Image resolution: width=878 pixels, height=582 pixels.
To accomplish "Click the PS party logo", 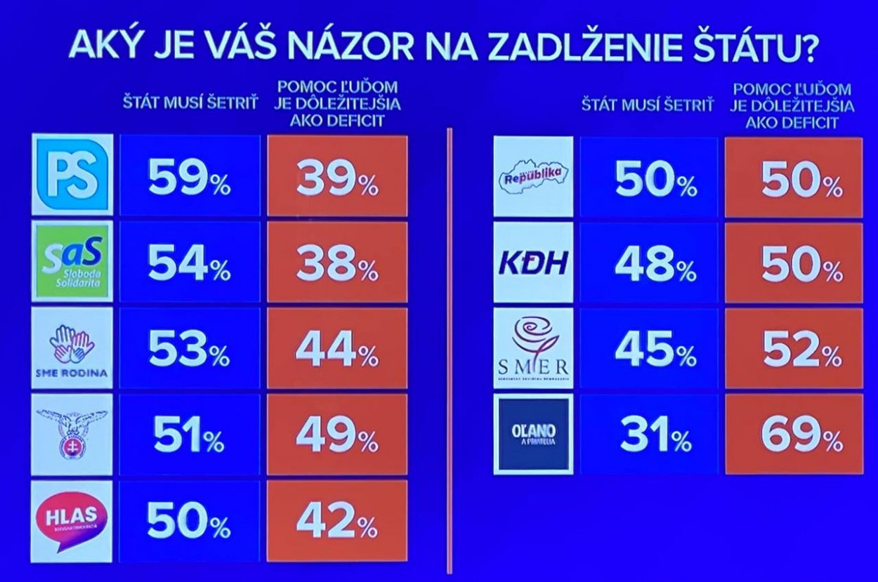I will coord(72,174).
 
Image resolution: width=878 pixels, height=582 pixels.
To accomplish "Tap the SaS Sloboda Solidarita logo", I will coord(72,262).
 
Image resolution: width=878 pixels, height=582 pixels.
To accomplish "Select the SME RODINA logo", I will coord(72,349).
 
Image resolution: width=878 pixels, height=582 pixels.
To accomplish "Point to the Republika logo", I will coord(534,177).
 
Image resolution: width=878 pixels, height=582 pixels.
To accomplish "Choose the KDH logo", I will coord(534,263).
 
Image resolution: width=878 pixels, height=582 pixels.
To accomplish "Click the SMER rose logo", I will coord(534,349).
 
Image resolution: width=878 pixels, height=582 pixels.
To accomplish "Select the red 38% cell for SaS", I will coord(337,263).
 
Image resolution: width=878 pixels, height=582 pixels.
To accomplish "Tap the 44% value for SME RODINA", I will coord(337,349).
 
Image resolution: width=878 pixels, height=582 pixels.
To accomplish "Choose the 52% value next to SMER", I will coord(794,349).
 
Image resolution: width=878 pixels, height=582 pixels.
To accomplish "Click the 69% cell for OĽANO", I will coord(794,435).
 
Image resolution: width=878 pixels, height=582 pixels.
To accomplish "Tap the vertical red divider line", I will coord(448,351).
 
